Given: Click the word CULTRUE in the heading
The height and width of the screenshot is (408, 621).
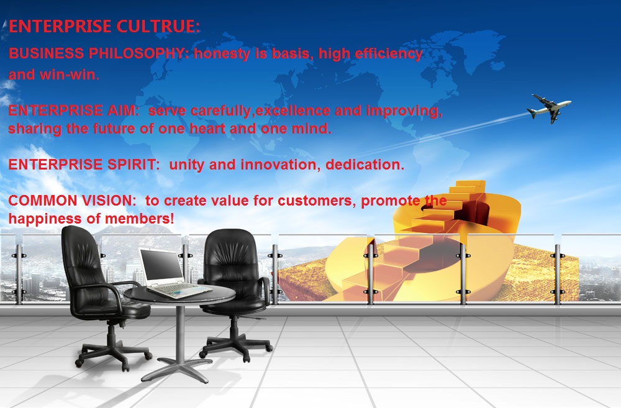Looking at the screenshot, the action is (x=158, y=27).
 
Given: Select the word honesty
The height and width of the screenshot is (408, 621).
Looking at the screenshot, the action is (x=222, y=54).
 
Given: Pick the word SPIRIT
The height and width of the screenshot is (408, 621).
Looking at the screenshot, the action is (x=134, y=165).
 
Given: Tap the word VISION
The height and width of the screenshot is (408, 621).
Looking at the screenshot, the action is (x=109, y=201).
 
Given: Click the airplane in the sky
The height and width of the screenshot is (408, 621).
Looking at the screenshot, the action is (x=549, y=109).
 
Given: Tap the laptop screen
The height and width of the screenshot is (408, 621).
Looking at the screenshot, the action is (x=162, y=265).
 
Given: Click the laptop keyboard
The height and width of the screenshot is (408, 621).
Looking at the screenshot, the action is (x=181, y=291).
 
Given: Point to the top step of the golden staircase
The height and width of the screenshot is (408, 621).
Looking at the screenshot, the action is (x=470, y=184).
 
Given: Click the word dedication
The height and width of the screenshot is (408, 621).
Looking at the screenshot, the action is (x=365, y=165).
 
